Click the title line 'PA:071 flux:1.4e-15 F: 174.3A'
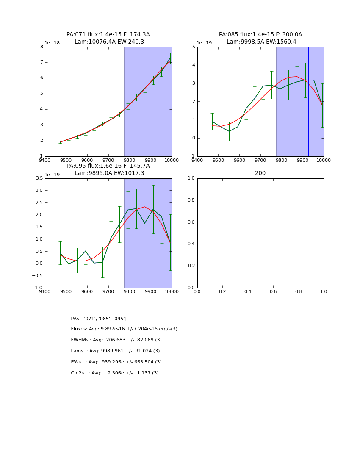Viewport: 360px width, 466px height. (x=108, y=35)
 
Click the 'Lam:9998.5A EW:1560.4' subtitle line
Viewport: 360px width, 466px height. (x=261, y=42)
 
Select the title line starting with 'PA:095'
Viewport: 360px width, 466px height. (x=108, y=166)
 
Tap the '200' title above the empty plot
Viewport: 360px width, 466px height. (x=260, y=173)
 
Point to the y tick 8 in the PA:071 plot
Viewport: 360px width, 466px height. (x=41, y=47)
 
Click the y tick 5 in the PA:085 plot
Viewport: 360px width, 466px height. (x=194, y=47)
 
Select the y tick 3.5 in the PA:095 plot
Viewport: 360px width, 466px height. (x=39, y=178)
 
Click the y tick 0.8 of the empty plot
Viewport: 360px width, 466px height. (x=191, y=200)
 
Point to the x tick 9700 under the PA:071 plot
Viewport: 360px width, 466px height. (x=108, y=160)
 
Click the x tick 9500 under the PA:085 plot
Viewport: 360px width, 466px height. (x=218, y=160)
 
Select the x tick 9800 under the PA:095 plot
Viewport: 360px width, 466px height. (x=129, y=291)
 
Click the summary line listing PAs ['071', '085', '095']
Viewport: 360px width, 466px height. (x=99, y=319)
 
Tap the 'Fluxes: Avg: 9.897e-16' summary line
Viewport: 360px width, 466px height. (x=124, y=329)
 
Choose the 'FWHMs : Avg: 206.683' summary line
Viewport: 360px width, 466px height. (x=116, y=340)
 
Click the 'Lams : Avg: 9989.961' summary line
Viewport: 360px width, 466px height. (x=115, y=351)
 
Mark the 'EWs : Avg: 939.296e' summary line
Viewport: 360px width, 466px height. (x=116, y=362)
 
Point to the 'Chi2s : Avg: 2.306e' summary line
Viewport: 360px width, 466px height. (x=115, y=373)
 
